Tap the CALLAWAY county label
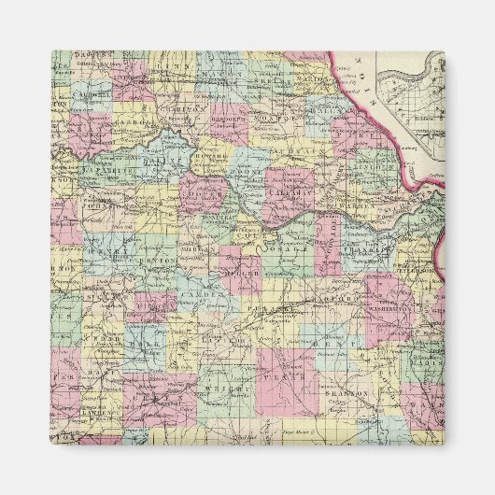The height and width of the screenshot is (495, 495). click(286, 188)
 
